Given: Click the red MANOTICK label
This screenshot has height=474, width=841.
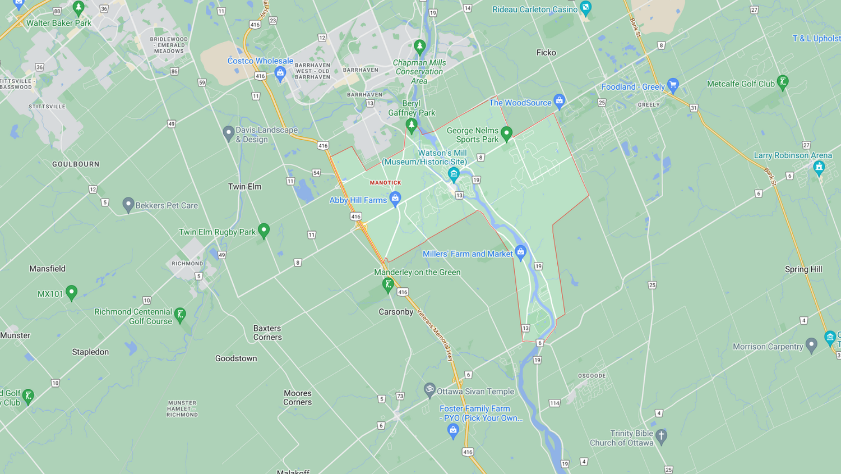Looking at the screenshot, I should point(385,182).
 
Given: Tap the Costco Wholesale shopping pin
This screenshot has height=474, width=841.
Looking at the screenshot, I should point(280,72).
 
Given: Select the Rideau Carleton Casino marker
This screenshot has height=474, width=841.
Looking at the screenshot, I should point(586,8).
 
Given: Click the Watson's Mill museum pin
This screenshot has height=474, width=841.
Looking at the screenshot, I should point(454,174).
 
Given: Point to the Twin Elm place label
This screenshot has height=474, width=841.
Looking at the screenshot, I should point(244,186).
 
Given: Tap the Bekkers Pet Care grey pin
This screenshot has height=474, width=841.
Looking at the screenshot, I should point(128,205).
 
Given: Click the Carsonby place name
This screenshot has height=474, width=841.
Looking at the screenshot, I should point(396,312).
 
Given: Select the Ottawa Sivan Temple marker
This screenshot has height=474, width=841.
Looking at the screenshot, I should point(429,389).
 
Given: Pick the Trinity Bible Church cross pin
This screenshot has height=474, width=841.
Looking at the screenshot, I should point(662,436).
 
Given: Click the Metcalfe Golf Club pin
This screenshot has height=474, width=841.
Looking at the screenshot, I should point(783,82).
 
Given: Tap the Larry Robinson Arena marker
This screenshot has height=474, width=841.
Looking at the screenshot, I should point(819,167).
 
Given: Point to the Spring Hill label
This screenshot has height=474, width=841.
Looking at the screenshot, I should point(803,269).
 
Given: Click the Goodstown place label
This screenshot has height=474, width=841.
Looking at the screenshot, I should point(236,358).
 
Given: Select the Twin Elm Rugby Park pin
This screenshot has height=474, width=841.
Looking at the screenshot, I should point(264,230).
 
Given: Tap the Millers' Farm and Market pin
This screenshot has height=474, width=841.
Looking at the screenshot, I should point(520,252).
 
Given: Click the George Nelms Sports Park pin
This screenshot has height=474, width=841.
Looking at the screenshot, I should point(506,134).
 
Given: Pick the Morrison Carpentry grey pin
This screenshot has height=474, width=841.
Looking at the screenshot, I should point(811,345).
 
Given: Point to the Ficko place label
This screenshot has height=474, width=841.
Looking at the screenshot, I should point(546,53).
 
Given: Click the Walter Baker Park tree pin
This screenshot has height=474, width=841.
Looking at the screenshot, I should point(78,8).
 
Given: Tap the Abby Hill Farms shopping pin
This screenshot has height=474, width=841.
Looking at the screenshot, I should point(395,198).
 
